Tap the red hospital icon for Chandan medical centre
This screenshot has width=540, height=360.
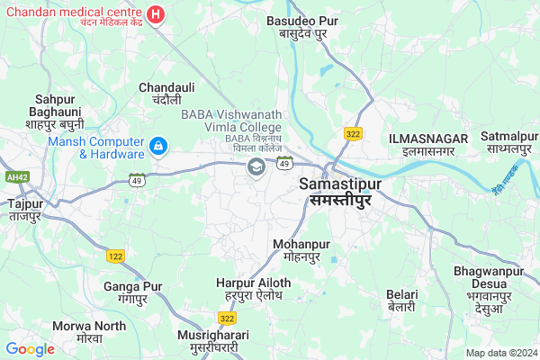[x=156, y=15]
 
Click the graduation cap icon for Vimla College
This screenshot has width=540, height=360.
[x=256, y=167]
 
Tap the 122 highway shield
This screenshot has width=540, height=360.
[x=116, y=256]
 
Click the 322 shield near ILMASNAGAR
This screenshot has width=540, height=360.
[x=352, y=133]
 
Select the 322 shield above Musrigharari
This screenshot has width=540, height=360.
[x=227, y=318]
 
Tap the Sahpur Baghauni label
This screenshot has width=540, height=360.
[x=55, y=111]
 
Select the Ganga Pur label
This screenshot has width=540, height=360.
[x=132, y=292]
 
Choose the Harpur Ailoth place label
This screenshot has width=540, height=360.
[x=253, y=289]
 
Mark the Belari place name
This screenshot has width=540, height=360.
[x=401, y=301]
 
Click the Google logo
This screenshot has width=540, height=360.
[x=30, y=348]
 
